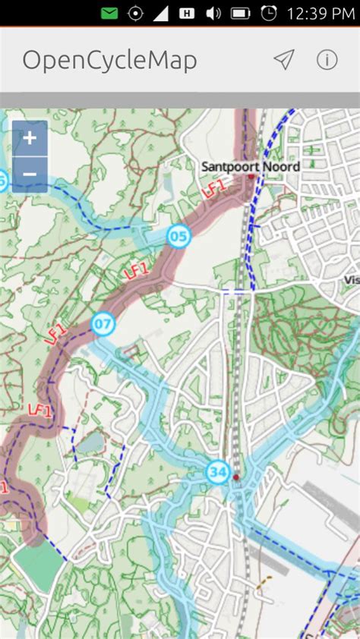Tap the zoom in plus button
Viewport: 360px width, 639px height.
tap(30, 138)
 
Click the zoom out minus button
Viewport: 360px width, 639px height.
tap(30, 175)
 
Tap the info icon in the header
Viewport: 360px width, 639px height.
tap(327, 60)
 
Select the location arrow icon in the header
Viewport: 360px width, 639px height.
tap(283, 60)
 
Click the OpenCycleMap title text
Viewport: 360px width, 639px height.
tap(109, 60)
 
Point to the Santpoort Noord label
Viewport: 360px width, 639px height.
tap(250, 166)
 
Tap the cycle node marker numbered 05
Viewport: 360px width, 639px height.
tap(178, 237)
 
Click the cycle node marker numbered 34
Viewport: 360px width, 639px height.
tap(218, 472)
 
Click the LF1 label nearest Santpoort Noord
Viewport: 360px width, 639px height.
tap(215, 187)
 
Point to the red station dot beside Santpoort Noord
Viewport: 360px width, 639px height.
tap(251, 177)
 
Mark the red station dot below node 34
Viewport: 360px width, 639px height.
tap(235, 477)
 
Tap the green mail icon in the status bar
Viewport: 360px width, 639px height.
tap(109, 13)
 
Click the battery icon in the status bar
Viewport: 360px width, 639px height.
tap(240, 13)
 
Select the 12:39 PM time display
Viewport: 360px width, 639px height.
tap(320, 13)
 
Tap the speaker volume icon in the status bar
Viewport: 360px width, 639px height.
tap(213, 13)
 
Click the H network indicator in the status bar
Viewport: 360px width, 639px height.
tap(187, 13)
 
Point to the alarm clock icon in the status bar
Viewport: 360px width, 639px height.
tap(268, 13)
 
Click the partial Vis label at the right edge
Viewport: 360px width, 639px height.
tap(351, 279)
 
